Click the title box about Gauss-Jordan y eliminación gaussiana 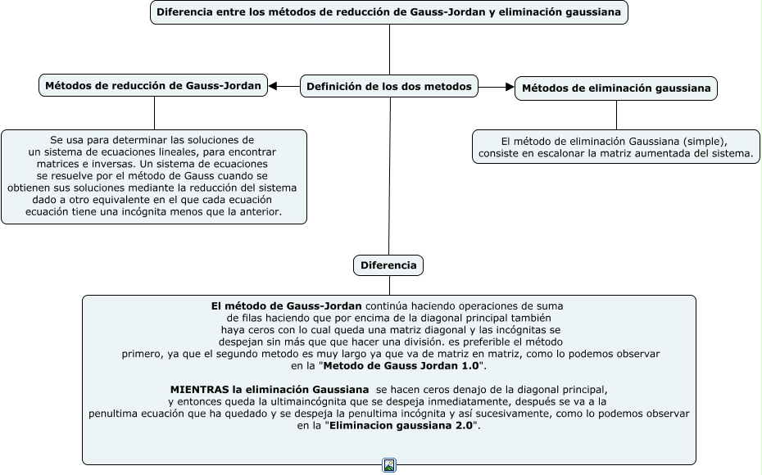point(389,12)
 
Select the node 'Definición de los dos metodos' point(389,86)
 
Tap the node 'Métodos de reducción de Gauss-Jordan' point(153,85)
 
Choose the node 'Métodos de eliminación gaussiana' point(615,88)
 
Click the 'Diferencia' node point(388,265)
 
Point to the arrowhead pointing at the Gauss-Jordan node point(274,86)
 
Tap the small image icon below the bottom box point(389,466)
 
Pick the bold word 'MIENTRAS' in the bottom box point(196,389)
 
